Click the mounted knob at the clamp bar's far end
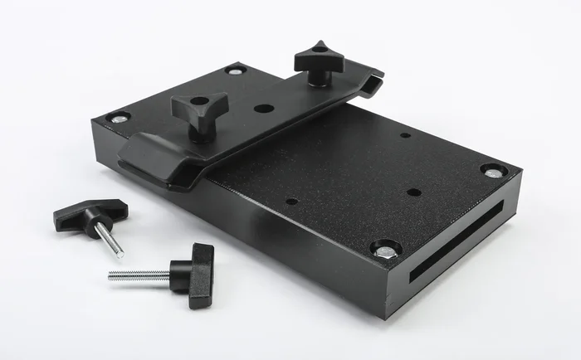[319, 58]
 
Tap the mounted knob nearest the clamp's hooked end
[199, 105]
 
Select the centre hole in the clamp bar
[263, 108]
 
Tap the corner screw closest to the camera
[385, 248]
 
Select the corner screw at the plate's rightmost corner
[493, 172]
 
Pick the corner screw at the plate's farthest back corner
[235, 71]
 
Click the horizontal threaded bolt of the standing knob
[139, 275]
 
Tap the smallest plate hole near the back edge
[404, 135]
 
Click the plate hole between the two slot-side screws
[413, 192]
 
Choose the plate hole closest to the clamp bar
[291, 201]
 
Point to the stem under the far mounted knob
[318, 77]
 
